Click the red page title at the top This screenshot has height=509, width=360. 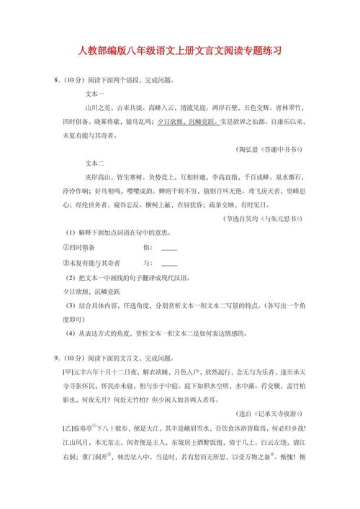coord(179,52)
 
